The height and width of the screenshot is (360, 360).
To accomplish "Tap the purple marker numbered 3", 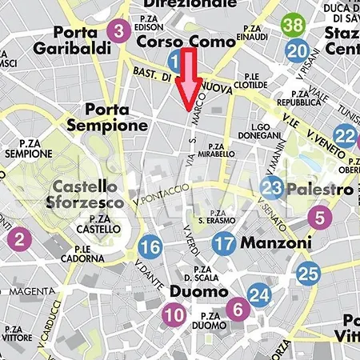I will (x=118, y=32).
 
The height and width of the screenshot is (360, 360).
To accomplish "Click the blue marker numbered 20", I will (x=298, y=52).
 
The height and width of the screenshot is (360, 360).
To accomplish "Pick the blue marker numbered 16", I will (x=150, y=247).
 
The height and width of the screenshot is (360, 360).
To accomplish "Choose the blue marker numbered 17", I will (x=225, y=243).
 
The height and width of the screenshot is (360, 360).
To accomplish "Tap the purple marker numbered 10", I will (x=174, y=315).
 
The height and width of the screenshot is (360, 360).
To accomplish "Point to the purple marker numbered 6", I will (x=237, y=307).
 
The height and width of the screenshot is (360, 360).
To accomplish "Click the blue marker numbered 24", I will (x=258, y=296).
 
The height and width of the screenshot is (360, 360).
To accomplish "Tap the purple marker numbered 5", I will (x=319, y=216).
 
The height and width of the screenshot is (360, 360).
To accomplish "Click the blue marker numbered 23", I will (x=272, y=189).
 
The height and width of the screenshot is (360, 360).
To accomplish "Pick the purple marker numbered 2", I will (x=20, y=237).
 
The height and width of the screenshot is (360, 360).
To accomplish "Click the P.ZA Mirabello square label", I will (x=217, y=150).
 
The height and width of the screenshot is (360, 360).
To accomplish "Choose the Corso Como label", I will (x=186, y=40).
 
